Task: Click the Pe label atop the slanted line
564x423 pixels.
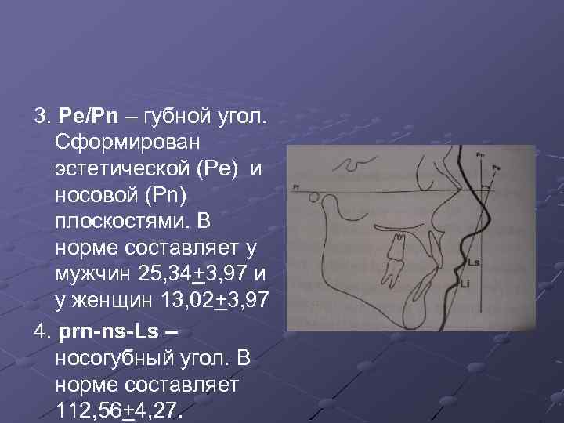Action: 497,166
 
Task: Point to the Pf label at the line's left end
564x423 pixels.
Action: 295,187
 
